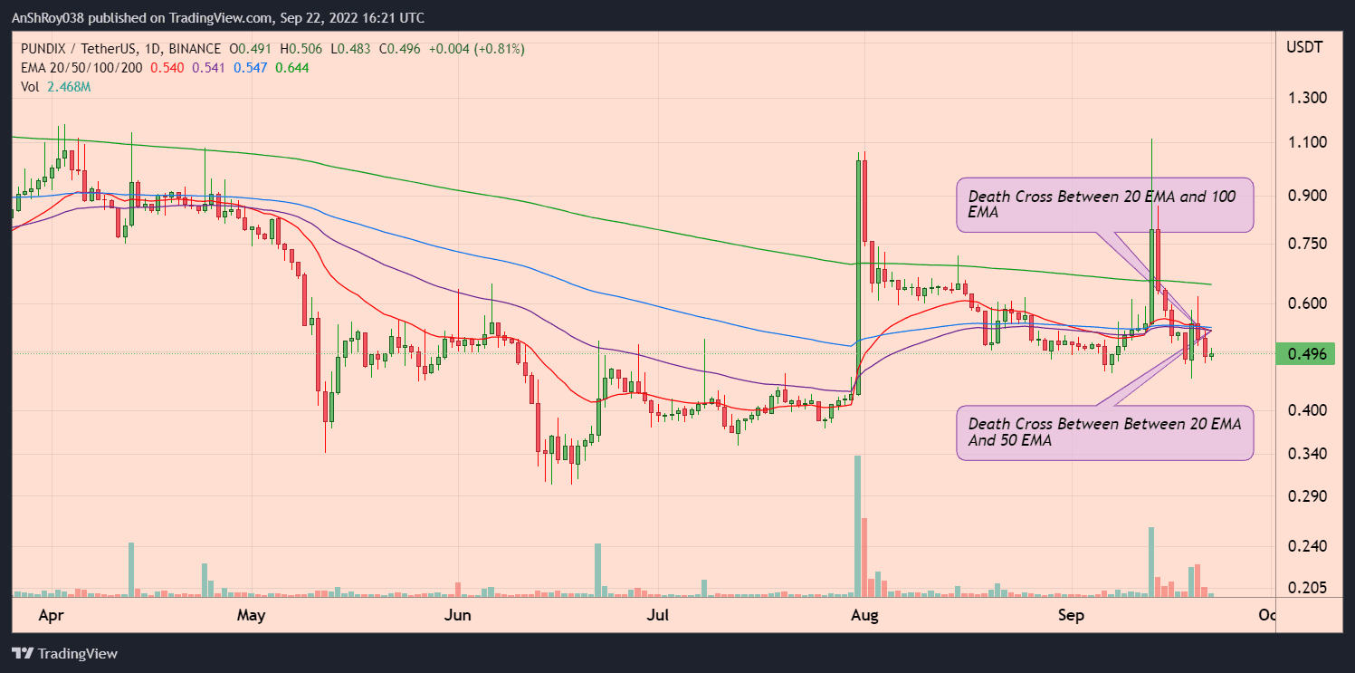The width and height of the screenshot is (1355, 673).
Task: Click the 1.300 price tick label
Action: click(x=1306, y=98)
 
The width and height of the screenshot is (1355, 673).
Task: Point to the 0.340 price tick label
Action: click(x=1306, y=454)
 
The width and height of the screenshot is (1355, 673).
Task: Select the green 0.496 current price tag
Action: click(x=1306, y=354)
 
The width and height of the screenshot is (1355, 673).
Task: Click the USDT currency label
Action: click(x=1304, y=46)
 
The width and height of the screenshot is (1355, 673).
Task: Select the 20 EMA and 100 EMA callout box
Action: click(x=1105, y=204)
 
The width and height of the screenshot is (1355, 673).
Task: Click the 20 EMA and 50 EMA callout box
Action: click(x=1105, y=433)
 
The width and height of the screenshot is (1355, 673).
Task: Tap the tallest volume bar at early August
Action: click(x=857, y=525)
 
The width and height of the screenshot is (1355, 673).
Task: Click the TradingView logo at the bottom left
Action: click(x=64, y=653)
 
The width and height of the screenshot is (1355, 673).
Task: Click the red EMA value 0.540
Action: click(x=167, y=67)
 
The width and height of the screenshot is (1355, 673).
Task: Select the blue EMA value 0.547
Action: click(x=251, y=67)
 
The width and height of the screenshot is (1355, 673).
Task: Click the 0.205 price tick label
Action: click(x=1306, y=588)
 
